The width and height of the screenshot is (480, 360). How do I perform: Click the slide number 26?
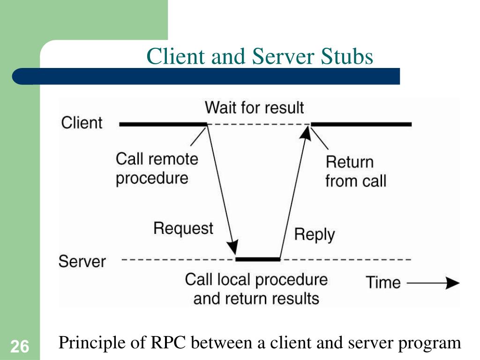(x=20, y=346)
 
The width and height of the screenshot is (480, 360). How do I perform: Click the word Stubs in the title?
(x=347, y=57)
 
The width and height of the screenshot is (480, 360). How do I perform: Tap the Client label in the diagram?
(x=82, y=123)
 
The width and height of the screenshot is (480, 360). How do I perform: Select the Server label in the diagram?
(x=82, y=262)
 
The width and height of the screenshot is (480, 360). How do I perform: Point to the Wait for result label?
(x=255, y=107)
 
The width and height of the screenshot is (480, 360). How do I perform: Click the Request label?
(x=183, y=229)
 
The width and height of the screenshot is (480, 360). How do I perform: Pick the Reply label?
(x=315, y=235)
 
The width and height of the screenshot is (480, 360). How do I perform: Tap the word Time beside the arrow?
(x=383, y=282)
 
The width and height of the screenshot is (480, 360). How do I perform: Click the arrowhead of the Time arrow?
(x=452, y=283)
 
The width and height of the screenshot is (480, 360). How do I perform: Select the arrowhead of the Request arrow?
(x=233, y=247)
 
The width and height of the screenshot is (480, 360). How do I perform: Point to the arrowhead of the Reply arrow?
(x=306, y=133)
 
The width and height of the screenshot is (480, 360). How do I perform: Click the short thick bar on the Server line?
(x=258, y=259)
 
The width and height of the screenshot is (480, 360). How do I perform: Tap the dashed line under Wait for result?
(x=259, y=124)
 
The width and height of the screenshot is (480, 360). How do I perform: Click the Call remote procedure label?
(x=157, y=169)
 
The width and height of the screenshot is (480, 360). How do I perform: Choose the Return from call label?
(x=356, y=172)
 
